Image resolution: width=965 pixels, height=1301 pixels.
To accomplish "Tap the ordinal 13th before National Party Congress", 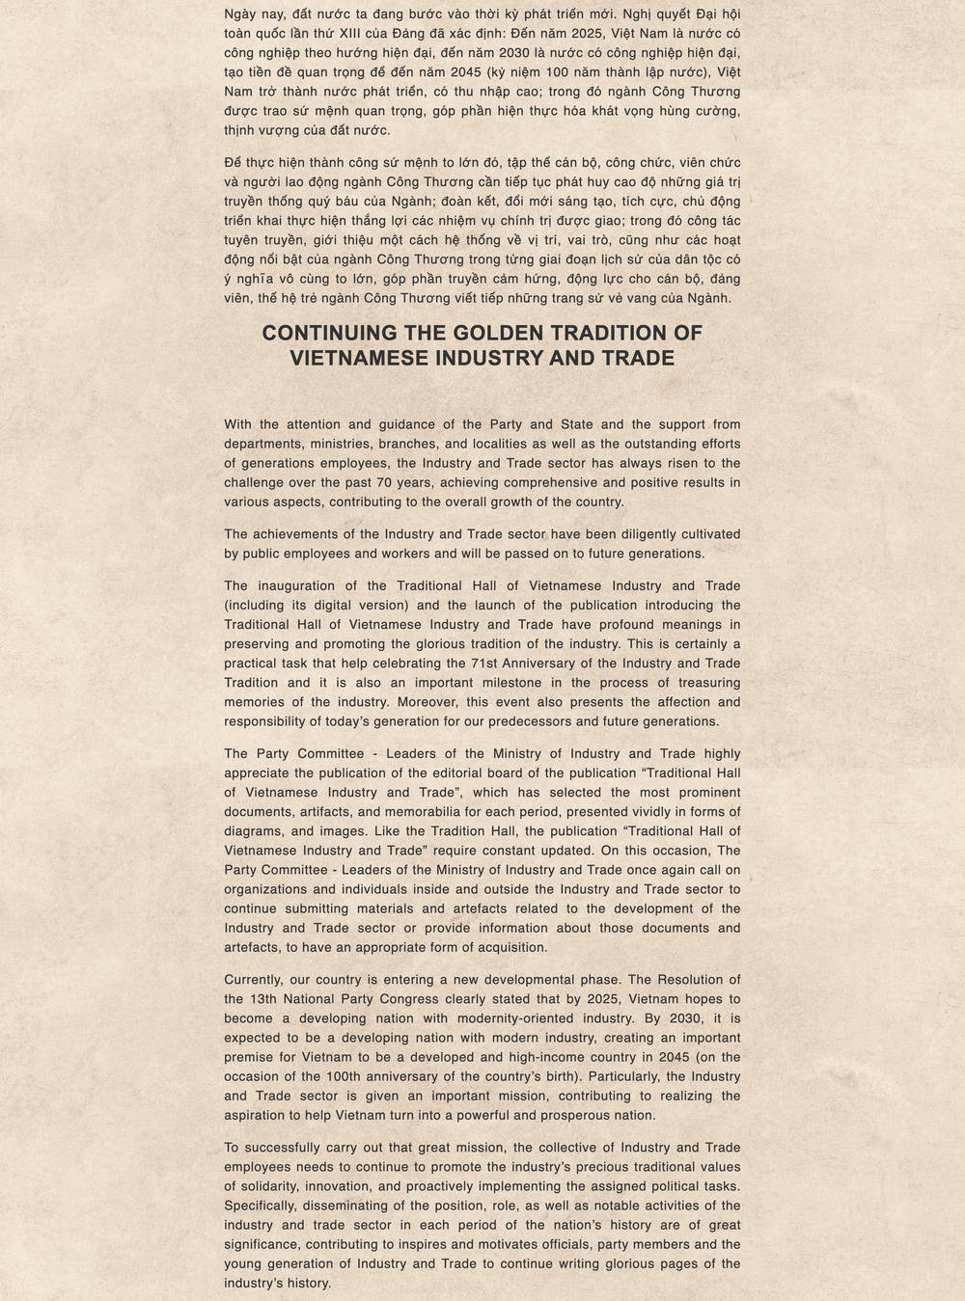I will click(x=265, y=999).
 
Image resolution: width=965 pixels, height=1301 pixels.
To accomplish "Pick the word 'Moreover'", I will click(x=426, y=702).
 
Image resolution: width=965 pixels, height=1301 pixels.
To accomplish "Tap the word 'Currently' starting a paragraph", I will click(x=252, y=980).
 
